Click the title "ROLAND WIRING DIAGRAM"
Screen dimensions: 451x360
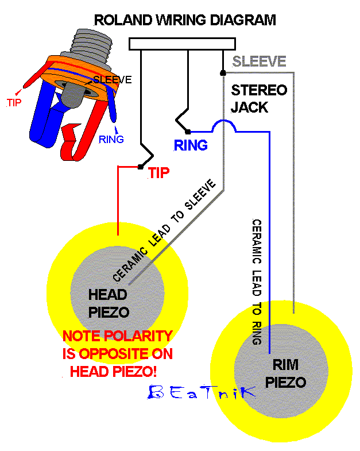tap(185, 20)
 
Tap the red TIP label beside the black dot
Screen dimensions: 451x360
tap(159, 172)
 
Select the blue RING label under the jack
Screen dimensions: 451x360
tap(191, 146)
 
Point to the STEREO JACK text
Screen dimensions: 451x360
tap(258, 98)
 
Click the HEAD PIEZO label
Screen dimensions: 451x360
tap(108, 303)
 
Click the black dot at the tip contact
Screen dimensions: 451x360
tap(140, 167)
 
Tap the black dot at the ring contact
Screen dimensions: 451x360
tap(188, 132)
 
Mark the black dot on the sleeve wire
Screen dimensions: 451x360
tap(223, 73)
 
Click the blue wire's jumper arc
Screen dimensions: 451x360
tap(223, 126)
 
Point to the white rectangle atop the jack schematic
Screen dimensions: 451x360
tap(182, 44)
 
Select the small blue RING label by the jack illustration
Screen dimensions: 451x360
tap(111, 139)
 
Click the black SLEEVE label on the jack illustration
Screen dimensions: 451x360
tap(113, 80)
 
